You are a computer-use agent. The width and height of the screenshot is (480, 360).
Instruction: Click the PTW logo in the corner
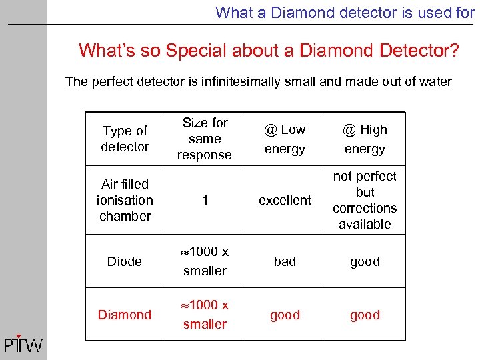click(23, 344)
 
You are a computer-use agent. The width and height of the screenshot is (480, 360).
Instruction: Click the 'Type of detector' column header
click(125, 139)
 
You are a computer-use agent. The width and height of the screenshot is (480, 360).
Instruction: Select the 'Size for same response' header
click(205, 139)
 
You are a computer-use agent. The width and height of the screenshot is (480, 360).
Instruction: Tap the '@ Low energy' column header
click(285, 139)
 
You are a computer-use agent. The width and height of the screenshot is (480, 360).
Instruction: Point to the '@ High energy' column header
click(365, 139)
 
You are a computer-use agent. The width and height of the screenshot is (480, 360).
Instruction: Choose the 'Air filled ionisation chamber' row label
click(125, 200)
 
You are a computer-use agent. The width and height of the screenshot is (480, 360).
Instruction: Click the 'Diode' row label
click(125, 261)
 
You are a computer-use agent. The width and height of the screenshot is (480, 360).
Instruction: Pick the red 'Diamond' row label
click(125, 315)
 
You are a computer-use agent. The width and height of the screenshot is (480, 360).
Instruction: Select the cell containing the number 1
click(205, 200)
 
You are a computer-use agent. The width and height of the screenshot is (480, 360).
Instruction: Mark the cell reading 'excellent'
click(285, 200)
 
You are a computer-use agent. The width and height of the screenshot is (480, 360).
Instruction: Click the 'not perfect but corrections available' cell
click(365, 200)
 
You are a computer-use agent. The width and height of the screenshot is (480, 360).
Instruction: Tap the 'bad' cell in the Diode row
click(285, 261)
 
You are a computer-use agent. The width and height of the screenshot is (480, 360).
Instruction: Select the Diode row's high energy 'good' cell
click(365, 261)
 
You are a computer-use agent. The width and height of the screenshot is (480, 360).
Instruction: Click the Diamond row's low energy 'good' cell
click(285, 315)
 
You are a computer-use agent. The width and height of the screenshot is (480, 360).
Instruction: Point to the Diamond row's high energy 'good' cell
click(365, 315)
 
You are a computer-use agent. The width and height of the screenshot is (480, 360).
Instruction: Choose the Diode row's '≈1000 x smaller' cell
click(205, 261)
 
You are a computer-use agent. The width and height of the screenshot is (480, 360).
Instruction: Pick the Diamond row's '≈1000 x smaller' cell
click(205, 315)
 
